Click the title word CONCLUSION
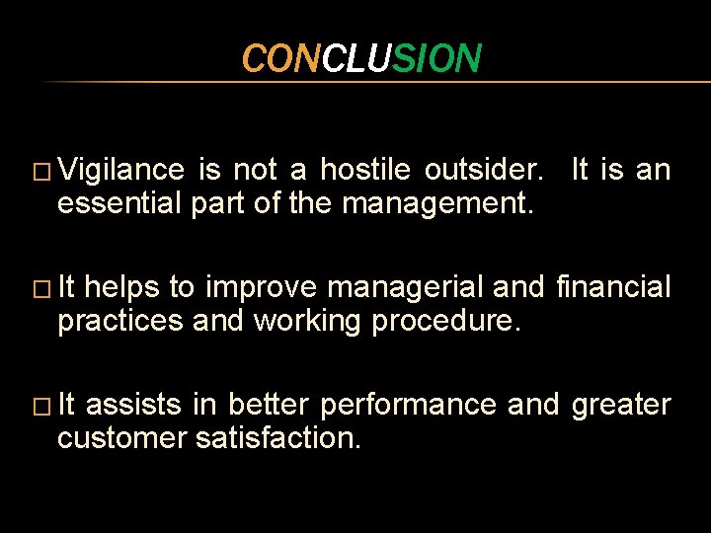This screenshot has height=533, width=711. (x=361, y=59)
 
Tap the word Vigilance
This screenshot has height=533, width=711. (x=120, y=171)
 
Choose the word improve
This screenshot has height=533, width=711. (x=261, y=288)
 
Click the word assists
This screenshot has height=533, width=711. (x=140, y=406)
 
